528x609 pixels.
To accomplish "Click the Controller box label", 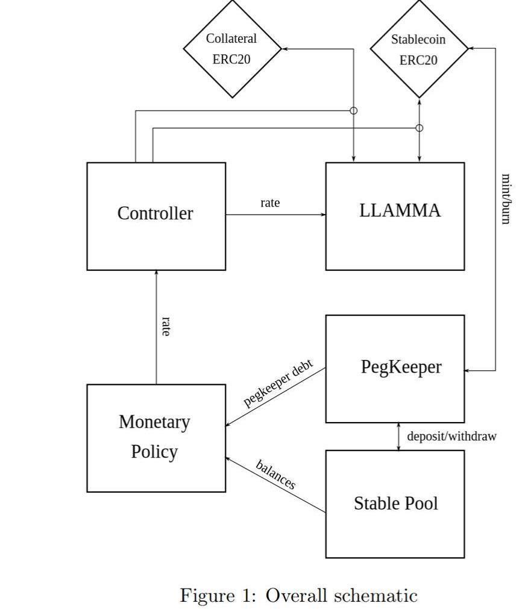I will click(x=155, y=213).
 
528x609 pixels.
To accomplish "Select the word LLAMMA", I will click(x=400, y=210).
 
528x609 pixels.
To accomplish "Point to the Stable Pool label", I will click(x=395, y=503).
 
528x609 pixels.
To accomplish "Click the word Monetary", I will click(x=154, y=422).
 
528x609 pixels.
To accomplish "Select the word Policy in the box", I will click(x=154, y=452).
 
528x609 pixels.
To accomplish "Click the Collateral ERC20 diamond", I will click(x=232, y=49).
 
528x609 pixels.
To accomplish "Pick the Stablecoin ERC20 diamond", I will click(x=419, y=49).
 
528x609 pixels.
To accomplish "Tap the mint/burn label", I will click(x=506, y=198).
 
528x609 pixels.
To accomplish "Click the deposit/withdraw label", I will click(x=451, y=436).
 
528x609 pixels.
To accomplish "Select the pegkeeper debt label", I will click(x=278, y=384).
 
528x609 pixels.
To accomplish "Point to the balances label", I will click(x=276, y=475).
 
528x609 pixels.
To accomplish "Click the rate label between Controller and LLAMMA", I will click(x=270, y=203).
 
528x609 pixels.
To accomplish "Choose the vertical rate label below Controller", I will click(x=166, y=326).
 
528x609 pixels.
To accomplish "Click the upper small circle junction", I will click(x=354, y=110).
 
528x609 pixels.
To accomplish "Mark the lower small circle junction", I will click(x=420, y=128).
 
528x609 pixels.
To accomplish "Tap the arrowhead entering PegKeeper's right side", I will click(x=468, y=371).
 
